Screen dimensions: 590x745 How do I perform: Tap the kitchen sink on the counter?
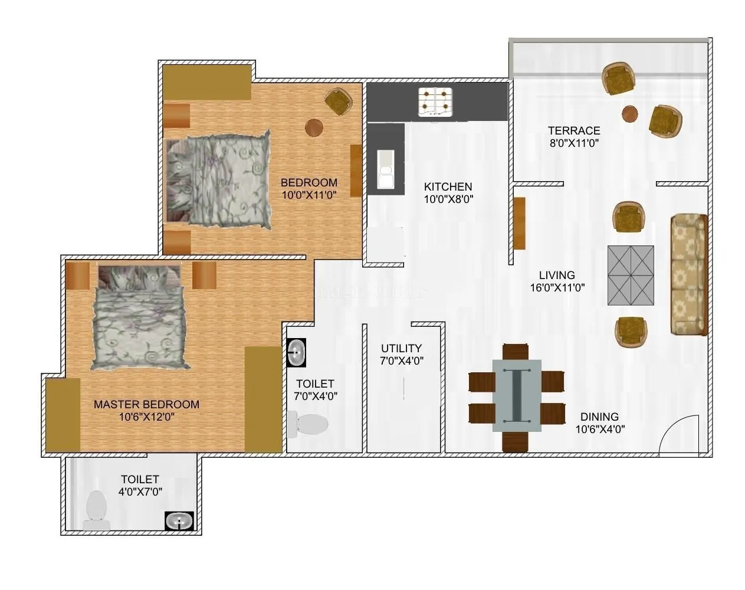(386, 169)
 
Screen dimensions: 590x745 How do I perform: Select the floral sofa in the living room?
(688, 274)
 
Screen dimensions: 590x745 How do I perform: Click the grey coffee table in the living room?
(631, 276)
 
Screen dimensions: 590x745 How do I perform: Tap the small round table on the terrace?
(630, 114)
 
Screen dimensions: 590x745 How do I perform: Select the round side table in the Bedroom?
(314, 127)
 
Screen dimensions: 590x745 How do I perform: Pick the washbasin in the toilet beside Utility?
(296, 353)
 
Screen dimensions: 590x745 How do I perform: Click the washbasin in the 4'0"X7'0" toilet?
(177, 521)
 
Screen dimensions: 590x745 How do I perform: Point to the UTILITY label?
(401, 348)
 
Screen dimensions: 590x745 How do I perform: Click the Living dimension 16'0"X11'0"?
(557, 288)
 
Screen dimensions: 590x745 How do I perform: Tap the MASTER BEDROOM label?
(146, 405)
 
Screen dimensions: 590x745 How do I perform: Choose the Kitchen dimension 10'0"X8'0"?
(448, 199)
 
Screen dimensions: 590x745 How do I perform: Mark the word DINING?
(599, 417)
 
